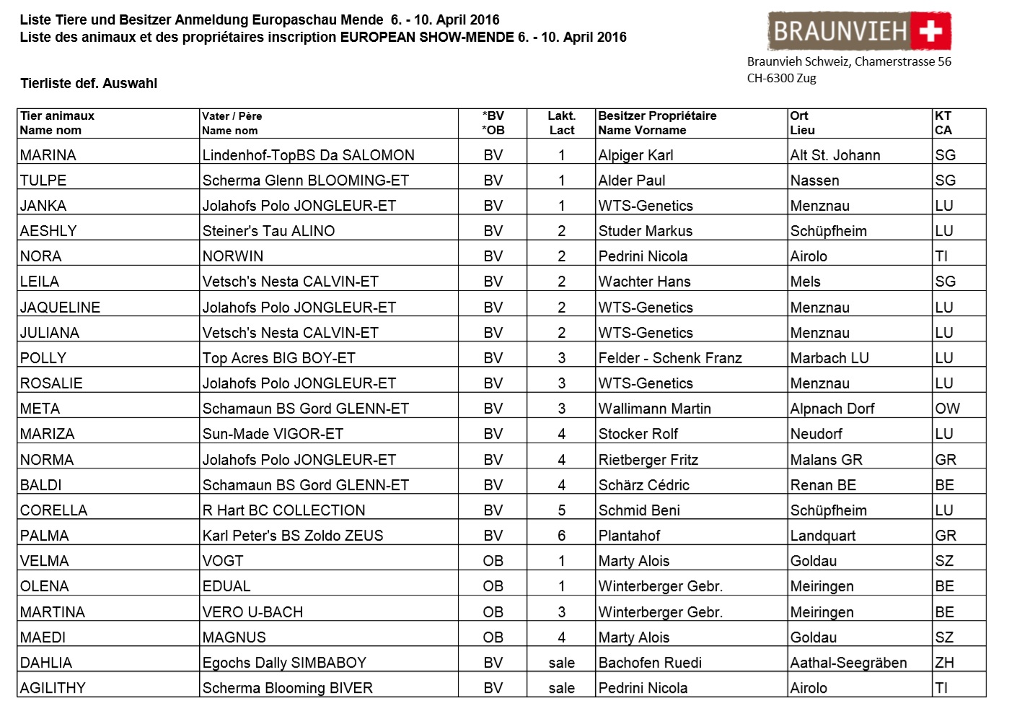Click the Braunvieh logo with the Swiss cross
[859, 31]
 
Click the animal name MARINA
[48, 155]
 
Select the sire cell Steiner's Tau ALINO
[268, 231]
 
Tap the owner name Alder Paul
[632, 180]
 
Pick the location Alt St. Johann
[835, 155]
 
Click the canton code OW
[947, 409]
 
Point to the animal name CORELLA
[53, 510]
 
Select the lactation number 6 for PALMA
[561, 536]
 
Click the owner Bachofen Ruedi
[650, 663]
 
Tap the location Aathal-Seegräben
[848, 663]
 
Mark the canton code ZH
[944, 663]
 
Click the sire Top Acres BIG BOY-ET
[278, 358]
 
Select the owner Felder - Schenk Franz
[670, 358]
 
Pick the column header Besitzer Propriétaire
[657, 116]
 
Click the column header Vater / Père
[232, 116]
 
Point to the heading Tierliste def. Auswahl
[89, 84]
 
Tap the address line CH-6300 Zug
[781, 79]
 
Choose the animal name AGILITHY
[53, 688]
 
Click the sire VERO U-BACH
[252, 612]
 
